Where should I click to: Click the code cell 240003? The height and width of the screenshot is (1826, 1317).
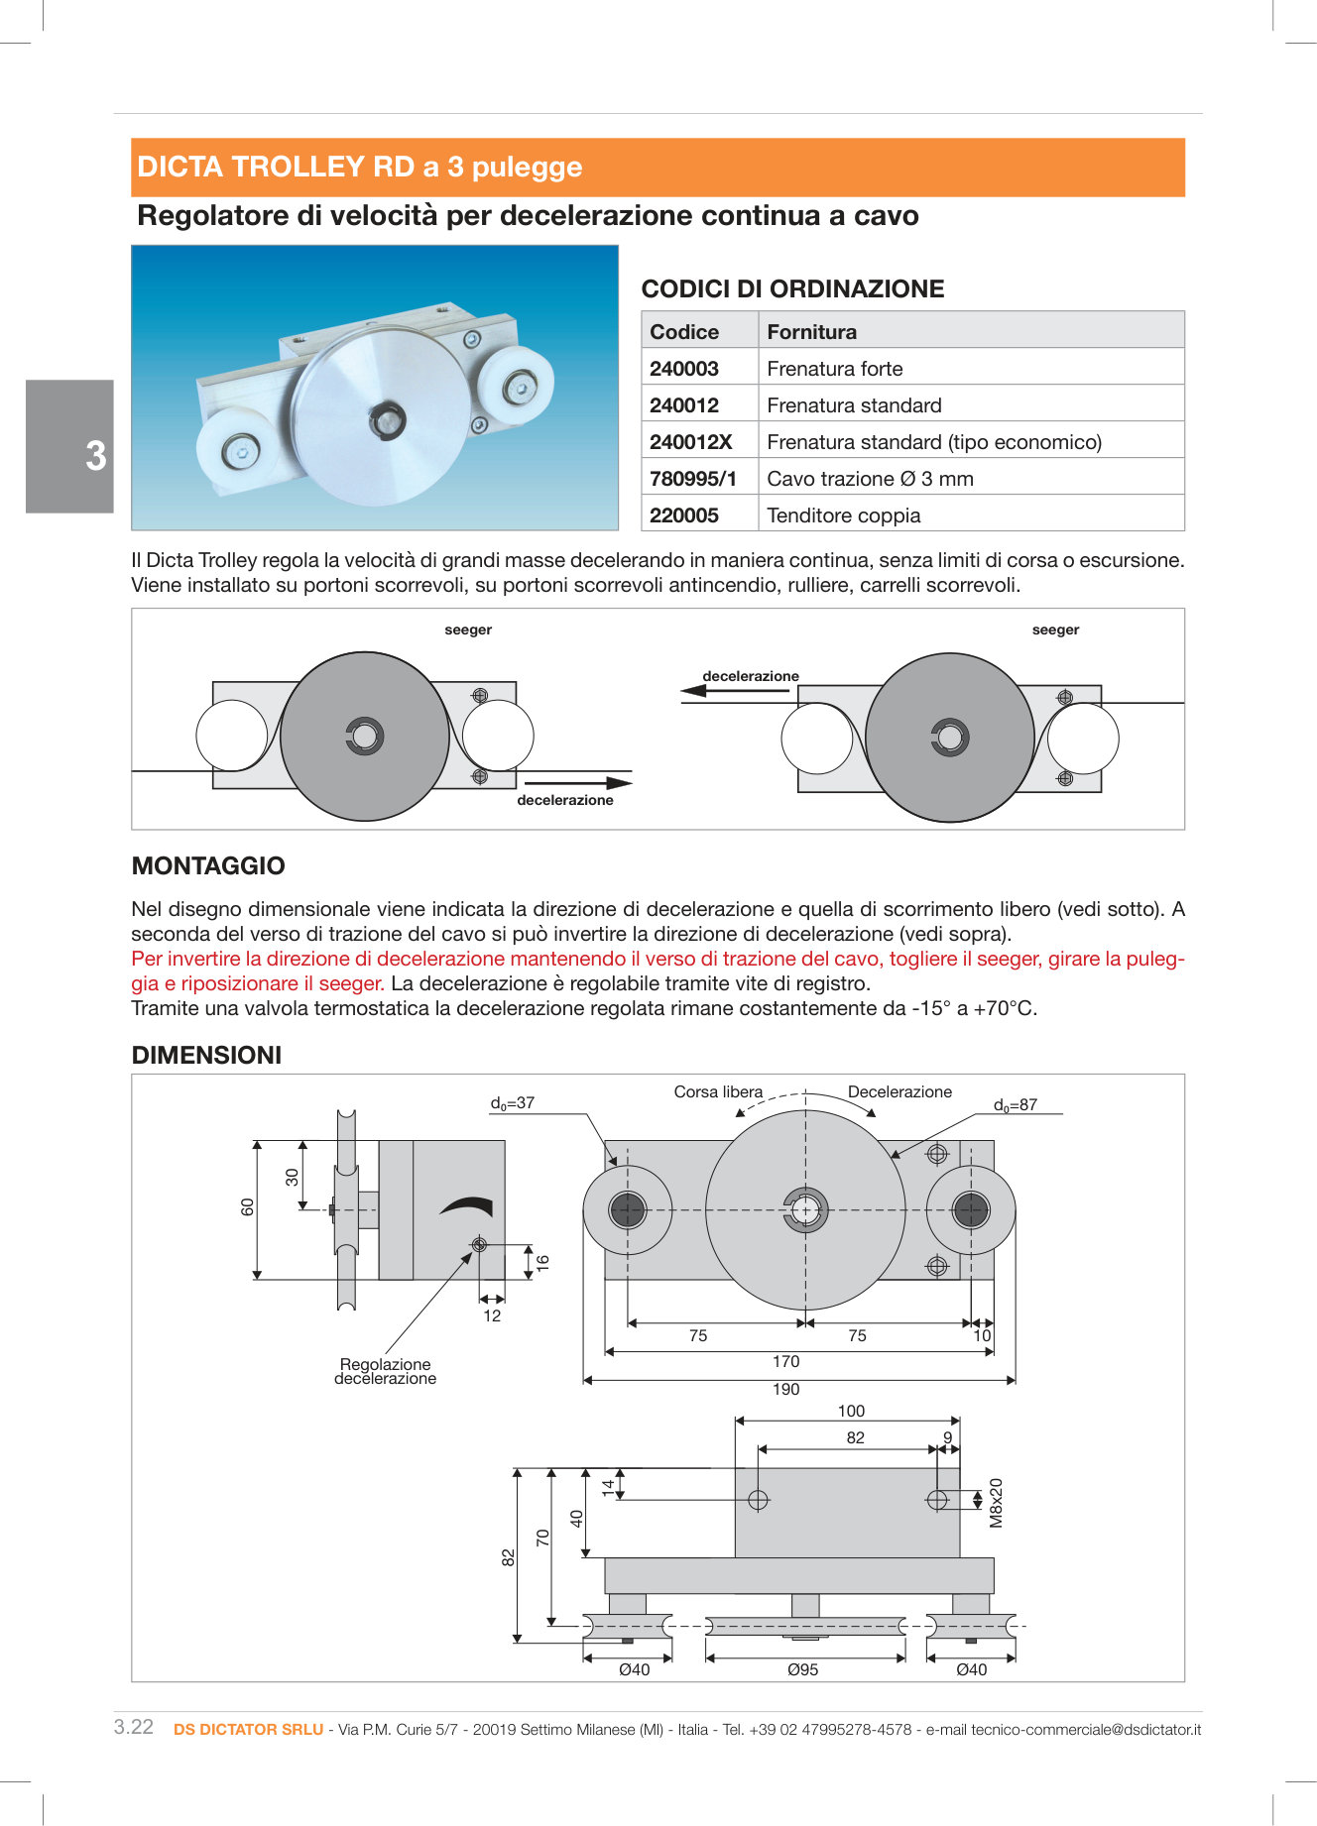pyautogui.click(x=684, y=369)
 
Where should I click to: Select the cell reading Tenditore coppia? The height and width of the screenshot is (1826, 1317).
pyautogui.click(x=843, y=515)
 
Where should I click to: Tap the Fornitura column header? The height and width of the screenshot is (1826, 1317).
pyautogui.click(x=811, y=332)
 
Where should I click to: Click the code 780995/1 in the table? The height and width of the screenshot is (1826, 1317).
pyautogui.click(x=692, y=479)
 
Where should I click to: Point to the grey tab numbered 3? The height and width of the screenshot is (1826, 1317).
pyautogui.click(x=70, y=447)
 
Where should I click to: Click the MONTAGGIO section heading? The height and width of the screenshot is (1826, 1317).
pyautogui.click(x=208, y=865)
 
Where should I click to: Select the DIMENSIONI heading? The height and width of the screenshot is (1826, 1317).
pyautogui.click(x=206, y=1055)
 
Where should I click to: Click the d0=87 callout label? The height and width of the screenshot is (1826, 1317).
pyautogui.click(x=1015, y=1104)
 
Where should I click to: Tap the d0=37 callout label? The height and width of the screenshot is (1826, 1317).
pyautogui.click(x=512, y=1102)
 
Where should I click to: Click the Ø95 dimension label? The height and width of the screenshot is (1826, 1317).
pyautogui.click(x=802, y=1669)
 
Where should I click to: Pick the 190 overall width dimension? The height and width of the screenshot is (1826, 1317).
pyautogui.click(x=785, y=1389)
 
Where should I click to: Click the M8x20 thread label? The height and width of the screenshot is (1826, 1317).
pyautogui.click(x=997, y=1503)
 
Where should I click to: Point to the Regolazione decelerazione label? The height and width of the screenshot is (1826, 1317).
pyautogui.click(x=385, y=1371)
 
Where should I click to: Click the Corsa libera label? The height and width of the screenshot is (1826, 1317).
pyautogui.click(x=718, y=1091)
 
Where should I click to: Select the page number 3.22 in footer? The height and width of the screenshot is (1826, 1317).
pyautogui.click(x=134, y=1727)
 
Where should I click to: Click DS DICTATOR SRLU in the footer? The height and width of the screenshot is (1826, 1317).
pyautogui.click(x=248, y=1729)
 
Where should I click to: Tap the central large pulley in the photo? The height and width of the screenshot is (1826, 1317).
pyautogui.click(x=382, y=416)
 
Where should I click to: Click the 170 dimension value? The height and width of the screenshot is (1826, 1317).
pyautogui.click(x=785, y=1361)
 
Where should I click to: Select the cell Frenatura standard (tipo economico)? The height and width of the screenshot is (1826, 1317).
pyautogui.click(x=933, y=442)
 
